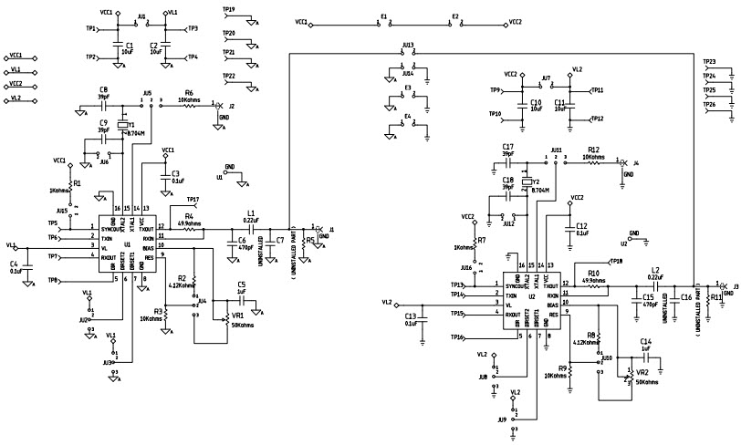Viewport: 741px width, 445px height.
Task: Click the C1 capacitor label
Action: [x=129, y=44]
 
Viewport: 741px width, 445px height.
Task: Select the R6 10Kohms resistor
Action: [x=189, y=105]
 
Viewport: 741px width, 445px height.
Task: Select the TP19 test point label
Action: [x=228, y=9]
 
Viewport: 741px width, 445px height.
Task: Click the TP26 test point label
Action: [x=709, y=105]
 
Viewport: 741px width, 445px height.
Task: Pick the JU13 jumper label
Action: [x=408, y=44]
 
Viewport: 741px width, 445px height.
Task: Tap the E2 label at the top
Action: [x=455, y=16]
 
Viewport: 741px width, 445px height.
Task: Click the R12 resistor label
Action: [x=593, y=149]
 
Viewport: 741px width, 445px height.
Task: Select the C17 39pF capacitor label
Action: [x=508, y=147]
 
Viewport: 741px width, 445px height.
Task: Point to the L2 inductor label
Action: [x=654, y=270]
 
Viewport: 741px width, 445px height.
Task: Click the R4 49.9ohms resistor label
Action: [x=189, y=215]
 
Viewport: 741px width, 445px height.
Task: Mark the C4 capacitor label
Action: [x=14, y=264]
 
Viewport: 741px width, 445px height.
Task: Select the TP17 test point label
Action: [x=193, y=199]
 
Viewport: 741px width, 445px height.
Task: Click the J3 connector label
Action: [x=736, y=285]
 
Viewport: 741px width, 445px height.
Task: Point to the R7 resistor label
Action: [x=481, y=240]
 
